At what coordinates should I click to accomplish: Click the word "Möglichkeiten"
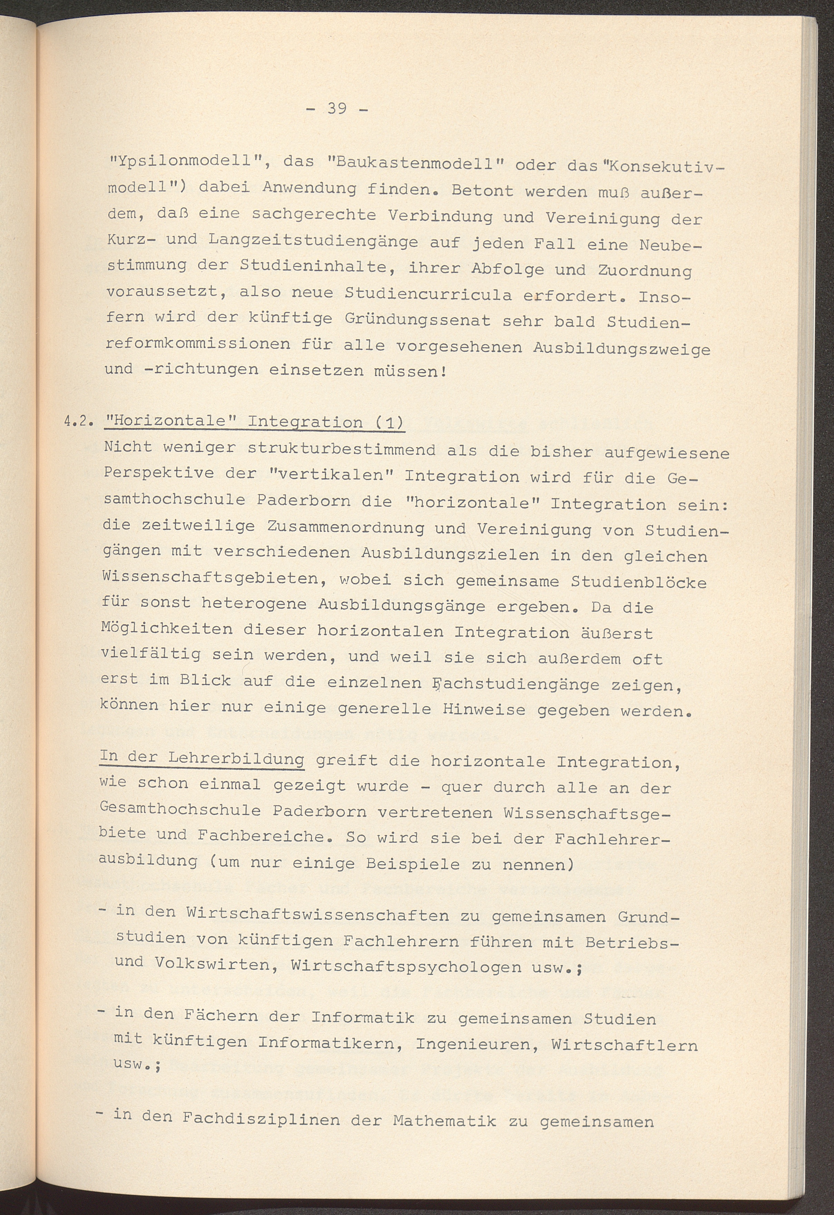[x=167, y=629]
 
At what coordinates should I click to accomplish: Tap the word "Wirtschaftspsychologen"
[x=406, y=966]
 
